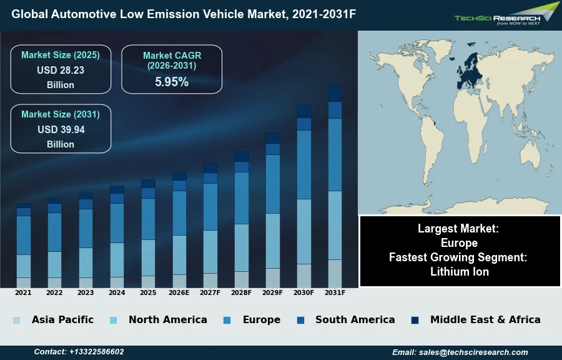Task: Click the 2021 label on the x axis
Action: (x=23, y=292)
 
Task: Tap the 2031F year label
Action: (x=335, y=292)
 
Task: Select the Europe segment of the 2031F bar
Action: (x=335, y=154)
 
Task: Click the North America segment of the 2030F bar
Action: (x=303, y=231)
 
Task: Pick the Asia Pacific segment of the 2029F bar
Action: (x=272, y=277)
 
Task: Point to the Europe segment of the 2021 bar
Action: (x=23, y=235)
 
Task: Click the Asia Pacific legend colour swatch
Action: (x=16, y=320)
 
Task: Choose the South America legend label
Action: (x=355, y=319)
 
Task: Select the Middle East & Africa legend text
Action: (x=485, y=319)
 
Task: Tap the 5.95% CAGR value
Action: (x=172, y=82)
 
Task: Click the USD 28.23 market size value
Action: (x=61, y=71)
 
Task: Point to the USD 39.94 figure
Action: (x=61, y=130)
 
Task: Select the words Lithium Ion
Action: (x=460, y=271)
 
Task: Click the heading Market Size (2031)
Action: (x=61, y=114)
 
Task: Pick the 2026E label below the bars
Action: (x=179, y=292)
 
